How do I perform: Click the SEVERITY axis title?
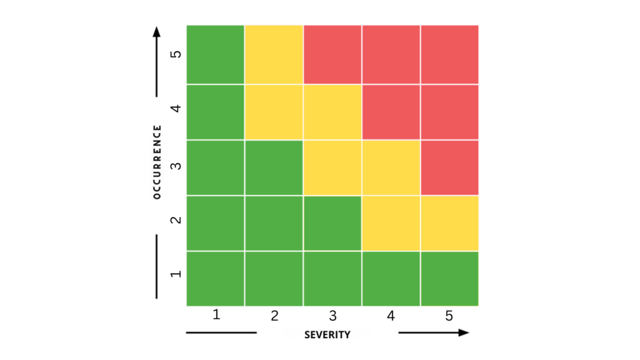327,334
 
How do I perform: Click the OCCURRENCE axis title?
157,162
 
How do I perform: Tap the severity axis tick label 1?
216,315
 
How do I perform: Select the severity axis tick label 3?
332,316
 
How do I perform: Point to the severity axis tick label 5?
449,316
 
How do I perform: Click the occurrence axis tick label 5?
176,54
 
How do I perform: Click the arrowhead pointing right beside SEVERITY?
464,332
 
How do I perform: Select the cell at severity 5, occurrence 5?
449,54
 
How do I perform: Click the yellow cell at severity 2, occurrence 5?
274,54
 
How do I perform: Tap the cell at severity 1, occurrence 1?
215,279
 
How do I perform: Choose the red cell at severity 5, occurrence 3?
449,167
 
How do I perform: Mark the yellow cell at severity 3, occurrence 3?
332,167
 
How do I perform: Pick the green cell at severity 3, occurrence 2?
332,223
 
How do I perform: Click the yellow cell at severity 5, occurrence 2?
449,223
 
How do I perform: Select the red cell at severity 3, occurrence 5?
332,54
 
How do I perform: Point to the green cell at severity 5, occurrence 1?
449,279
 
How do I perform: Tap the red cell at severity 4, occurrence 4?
391,111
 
